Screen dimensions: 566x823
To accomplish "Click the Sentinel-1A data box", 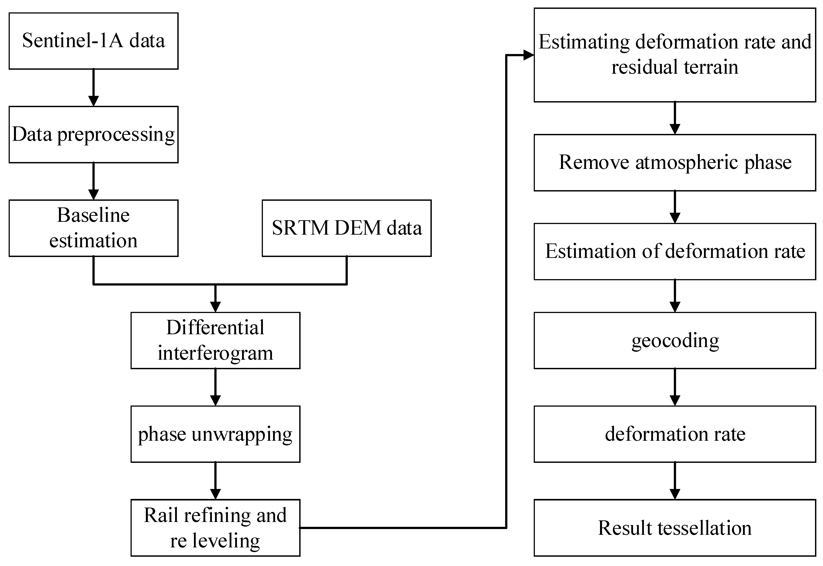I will pos(93,41).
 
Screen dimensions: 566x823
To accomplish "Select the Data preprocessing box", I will pos(93,134).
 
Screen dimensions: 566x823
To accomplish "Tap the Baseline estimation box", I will pos(93,228).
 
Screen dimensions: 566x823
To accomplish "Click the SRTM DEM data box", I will pos(346,228).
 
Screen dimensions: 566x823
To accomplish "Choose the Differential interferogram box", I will pos(215,340).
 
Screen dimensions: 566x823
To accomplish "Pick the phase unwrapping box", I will pos(215,434).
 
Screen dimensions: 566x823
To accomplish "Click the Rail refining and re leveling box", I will pos(215,528).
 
